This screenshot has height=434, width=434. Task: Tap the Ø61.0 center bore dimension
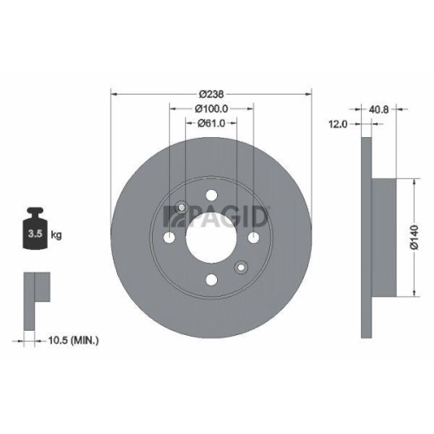[x=211, y=123]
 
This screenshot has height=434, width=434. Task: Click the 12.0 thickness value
[x=338, y=125]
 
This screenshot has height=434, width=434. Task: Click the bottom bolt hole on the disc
[x=211, y=279]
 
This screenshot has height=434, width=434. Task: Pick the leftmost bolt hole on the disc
[x=169, y=237]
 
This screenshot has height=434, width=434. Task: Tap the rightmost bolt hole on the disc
[x=253, y=237]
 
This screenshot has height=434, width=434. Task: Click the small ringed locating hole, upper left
[x=181, y=207]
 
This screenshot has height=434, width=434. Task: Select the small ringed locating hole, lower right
[x=241, y=266]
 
